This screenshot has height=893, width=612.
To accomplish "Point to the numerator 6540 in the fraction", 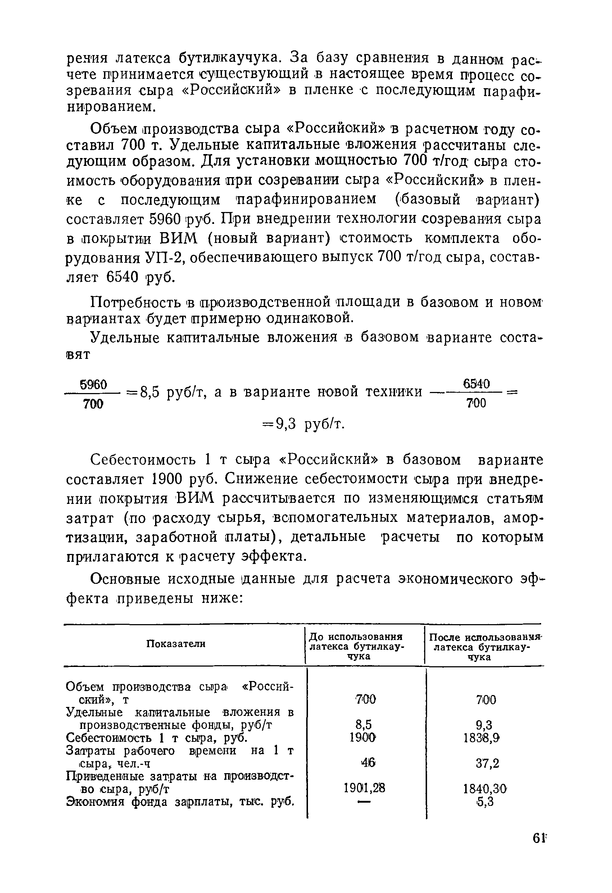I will click(x=476, y=384).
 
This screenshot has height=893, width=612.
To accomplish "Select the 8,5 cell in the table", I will click(x=363, y=725).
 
